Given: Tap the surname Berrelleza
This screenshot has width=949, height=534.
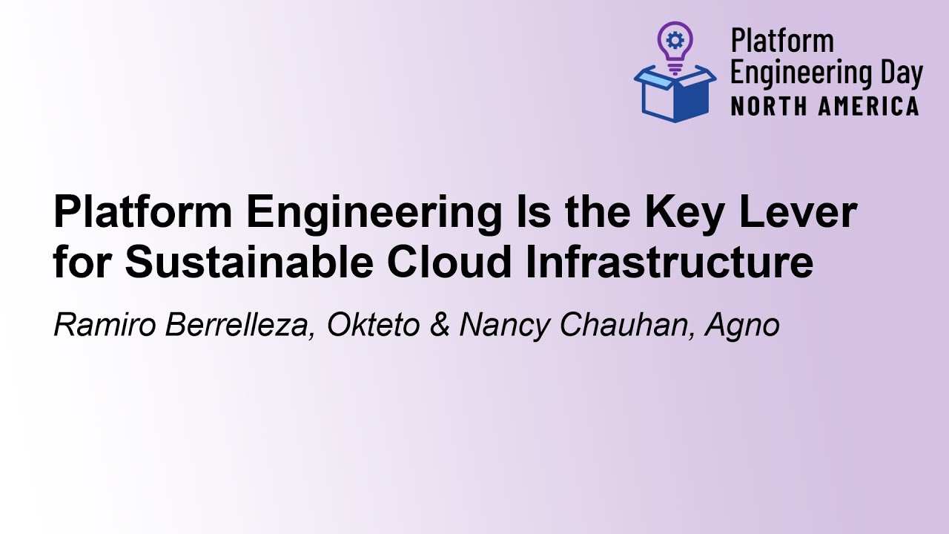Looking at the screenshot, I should [x=237, y=325].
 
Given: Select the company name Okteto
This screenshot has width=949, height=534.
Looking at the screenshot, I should [x=374, y=325].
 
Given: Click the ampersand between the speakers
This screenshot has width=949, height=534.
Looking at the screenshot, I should [x=440, y=325].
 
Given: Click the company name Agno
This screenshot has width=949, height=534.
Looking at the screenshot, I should [x=742, y=326].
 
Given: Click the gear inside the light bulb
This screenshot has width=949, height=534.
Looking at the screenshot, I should [x=675, y=39].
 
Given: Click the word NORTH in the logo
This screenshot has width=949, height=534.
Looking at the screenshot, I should [x=767, y=106].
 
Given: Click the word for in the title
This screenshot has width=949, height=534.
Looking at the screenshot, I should [x=82, y=263].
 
